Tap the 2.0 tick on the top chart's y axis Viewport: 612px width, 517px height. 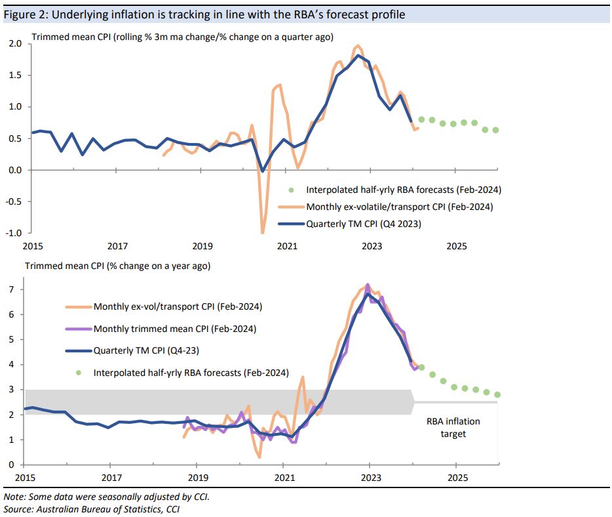(15, 44)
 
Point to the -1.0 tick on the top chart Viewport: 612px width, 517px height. (14, 233)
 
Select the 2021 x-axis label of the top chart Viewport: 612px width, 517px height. (287, 246)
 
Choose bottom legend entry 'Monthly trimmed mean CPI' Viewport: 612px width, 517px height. (174, 329)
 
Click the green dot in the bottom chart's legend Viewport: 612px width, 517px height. (78, 373)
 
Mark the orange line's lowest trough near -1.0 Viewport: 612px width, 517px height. (263, 232)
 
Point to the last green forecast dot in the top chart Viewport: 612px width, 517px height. (495, 130)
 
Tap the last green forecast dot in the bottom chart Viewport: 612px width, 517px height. (497, 394)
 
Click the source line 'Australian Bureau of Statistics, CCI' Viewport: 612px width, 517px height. (91, 508)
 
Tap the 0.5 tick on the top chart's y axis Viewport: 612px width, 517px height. (15, 138)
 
